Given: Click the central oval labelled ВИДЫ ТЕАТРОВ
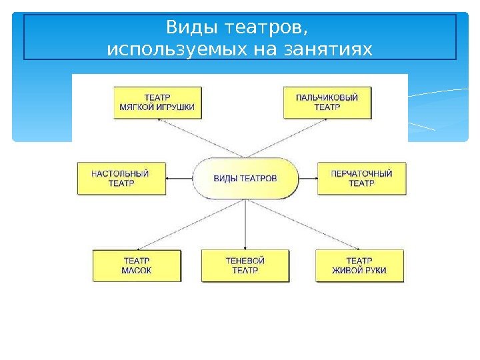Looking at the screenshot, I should [245, 179].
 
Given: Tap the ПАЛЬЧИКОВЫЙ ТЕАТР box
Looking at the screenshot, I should [327, 102].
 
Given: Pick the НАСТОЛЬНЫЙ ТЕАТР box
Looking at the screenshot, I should [121, 178].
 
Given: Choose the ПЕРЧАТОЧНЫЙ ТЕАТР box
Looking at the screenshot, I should [361, 178].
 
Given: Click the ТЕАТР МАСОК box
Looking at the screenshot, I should [137, 265].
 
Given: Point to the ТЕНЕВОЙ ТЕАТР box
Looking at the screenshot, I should [245, 265].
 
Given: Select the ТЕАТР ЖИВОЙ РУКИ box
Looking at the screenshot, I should [359, 265].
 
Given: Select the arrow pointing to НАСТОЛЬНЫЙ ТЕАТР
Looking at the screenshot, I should [179, 179].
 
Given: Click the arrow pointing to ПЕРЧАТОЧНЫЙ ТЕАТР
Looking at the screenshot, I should [307, 179].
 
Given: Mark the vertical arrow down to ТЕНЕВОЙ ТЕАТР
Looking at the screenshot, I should [245, 227].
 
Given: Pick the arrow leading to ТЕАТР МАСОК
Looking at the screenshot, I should [193, 224].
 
